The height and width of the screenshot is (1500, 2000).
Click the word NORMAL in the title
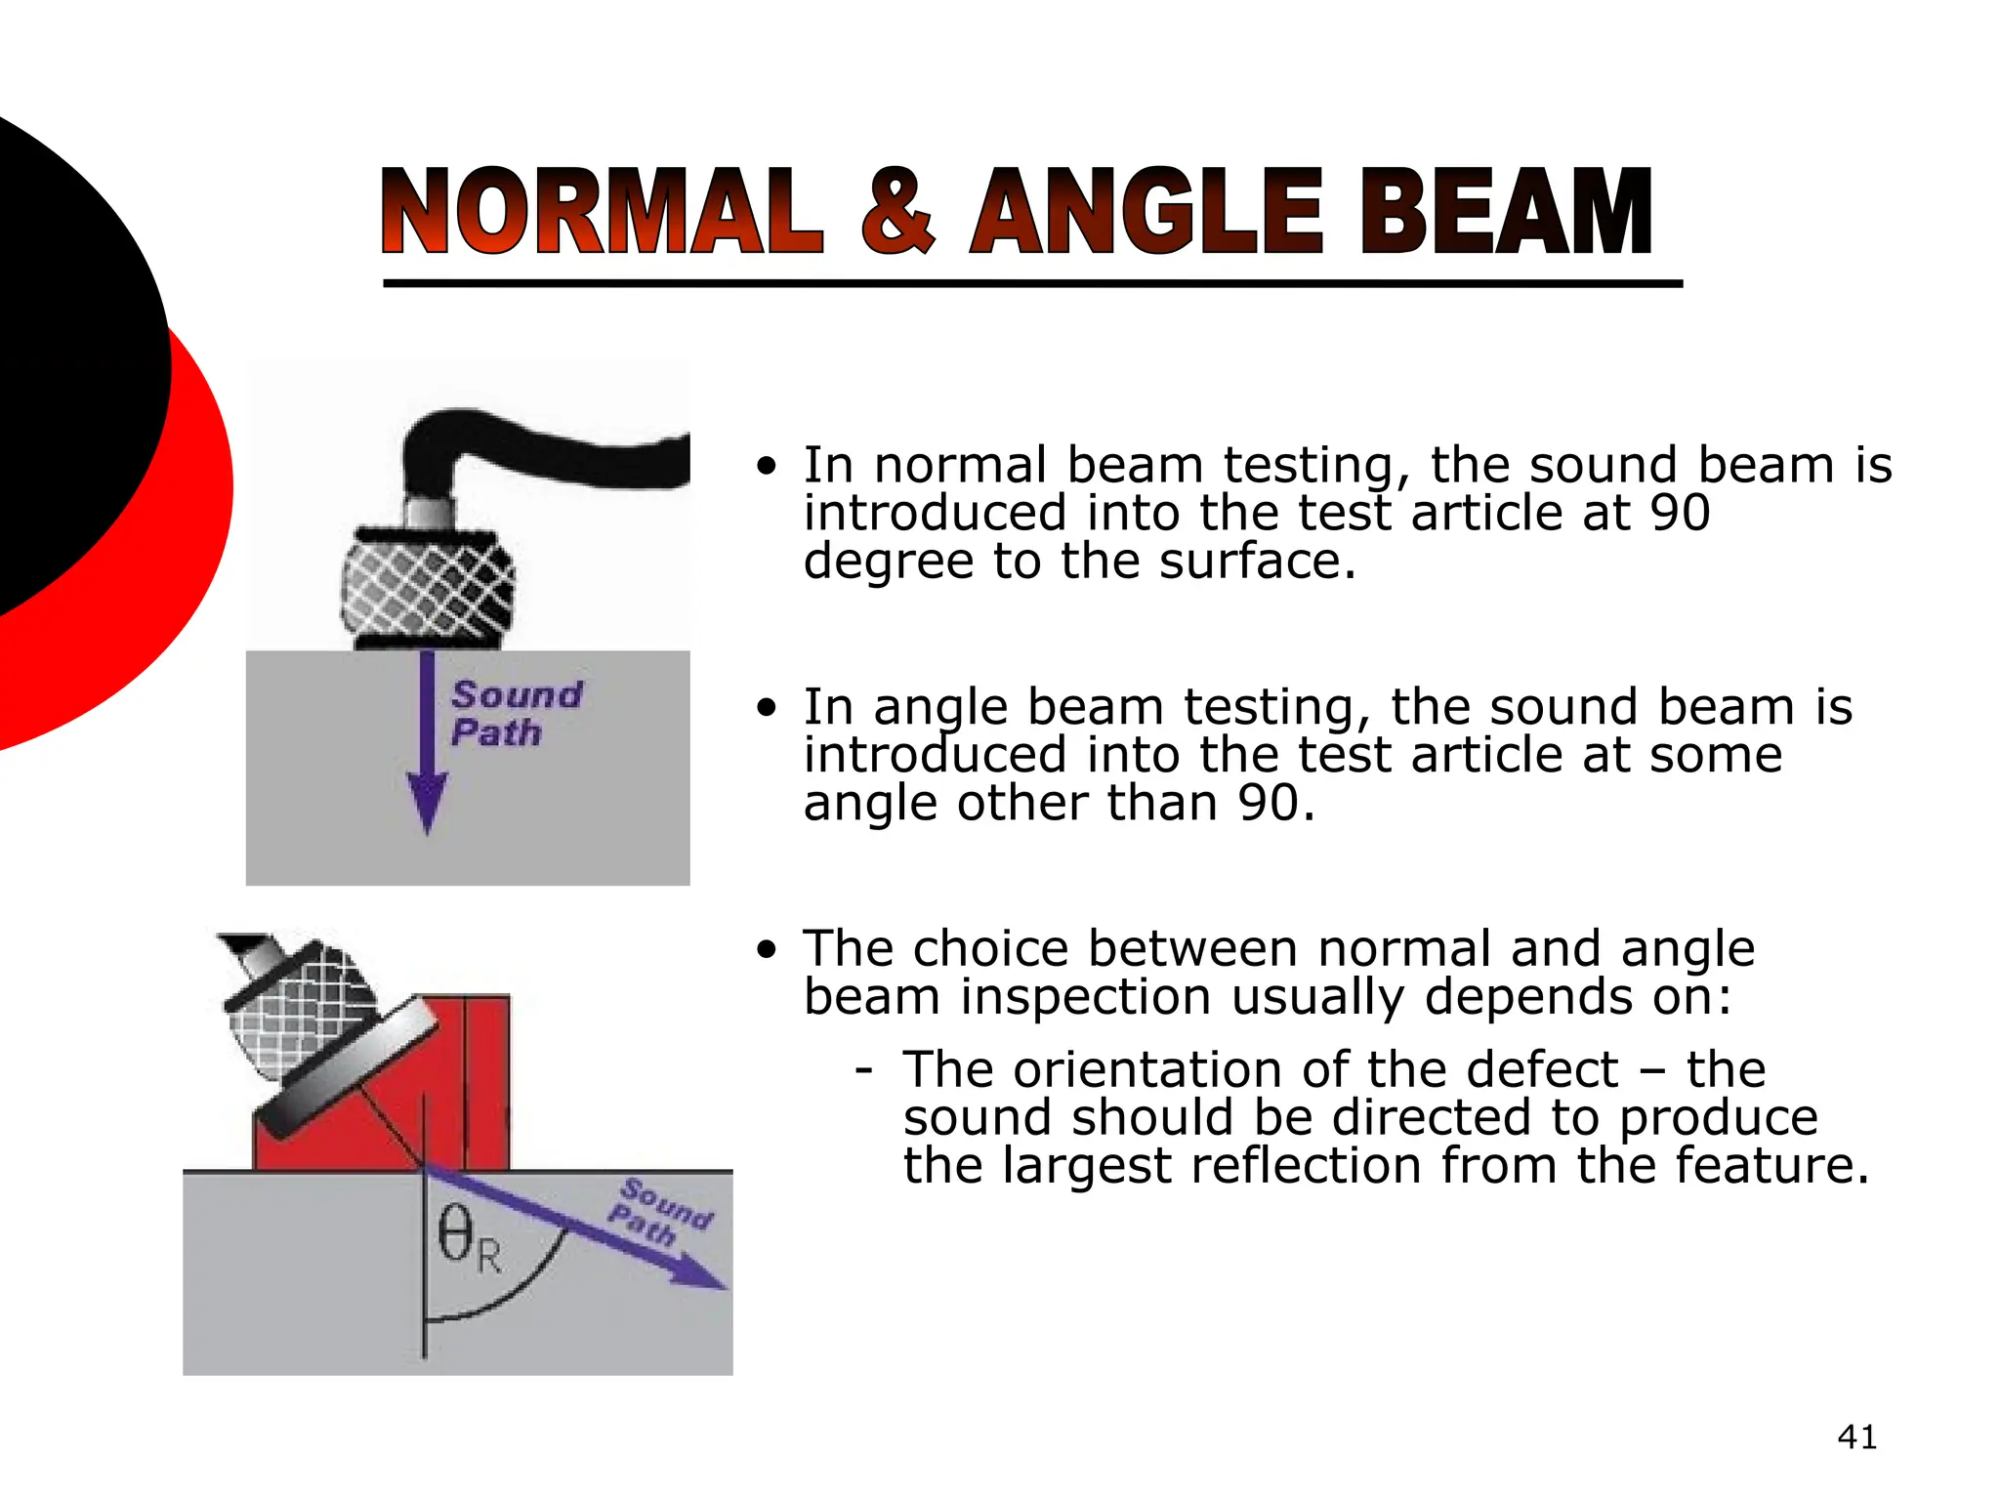(x=602, y=212)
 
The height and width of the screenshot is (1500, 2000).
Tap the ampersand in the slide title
(x=897, y=212)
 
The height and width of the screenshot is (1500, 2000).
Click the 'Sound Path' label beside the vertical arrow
(x=516, y=714)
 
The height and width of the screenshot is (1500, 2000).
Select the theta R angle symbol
(x=469, y=1240)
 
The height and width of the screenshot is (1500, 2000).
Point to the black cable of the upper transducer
(x=547, y=449)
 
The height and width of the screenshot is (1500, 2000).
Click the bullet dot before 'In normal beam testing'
(x=768, y=466)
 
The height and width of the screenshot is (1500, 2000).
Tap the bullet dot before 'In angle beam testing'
(x=768, y=707)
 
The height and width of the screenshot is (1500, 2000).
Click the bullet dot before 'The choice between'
(x=768, y=949)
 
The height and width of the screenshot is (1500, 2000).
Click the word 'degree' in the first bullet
(x=889, y=562)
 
